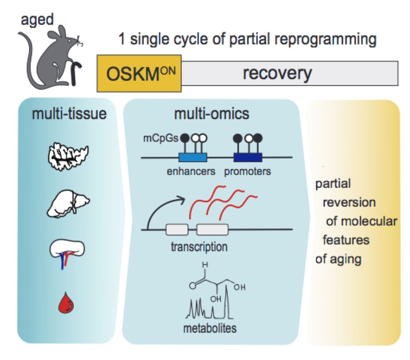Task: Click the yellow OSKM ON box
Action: pos(139,74)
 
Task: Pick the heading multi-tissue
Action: pos(69,114)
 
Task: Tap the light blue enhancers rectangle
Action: pos(192,157)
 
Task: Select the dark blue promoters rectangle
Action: pos(248,157)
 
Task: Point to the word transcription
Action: pos(199,246)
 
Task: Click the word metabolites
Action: pos(210,328)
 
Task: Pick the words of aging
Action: pos(338,259)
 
